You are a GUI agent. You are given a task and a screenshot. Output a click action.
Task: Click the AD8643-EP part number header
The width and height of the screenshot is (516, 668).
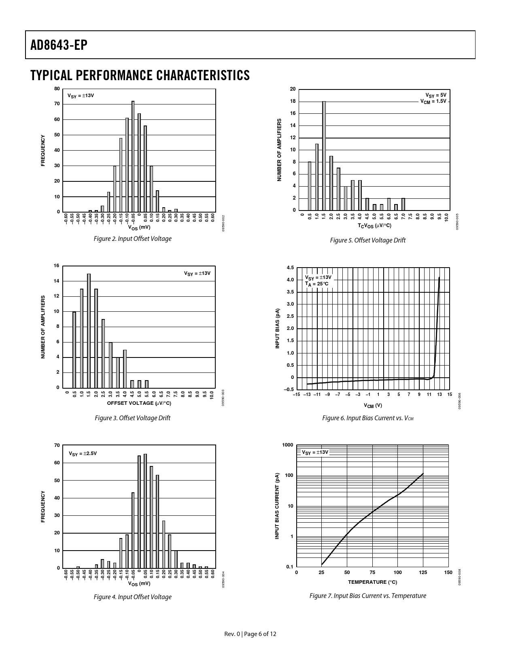(59, 45)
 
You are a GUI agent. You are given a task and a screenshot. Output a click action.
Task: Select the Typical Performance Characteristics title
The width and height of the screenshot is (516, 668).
(140, 75)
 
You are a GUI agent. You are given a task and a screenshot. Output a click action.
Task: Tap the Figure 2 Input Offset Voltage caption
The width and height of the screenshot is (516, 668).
(133, 239)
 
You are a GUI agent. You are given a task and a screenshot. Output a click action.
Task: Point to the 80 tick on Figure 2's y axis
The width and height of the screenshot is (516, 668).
(57, 89)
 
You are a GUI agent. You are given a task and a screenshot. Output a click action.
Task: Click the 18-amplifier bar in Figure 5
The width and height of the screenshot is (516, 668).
(324, 156)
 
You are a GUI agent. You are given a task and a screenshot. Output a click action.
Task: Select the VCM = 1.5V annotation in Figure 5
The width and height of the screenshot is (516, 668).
(433, 101)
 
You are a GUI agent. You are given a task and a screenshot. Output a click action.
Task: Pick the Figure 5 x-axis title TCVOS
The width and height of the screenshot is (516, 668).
(375, 226)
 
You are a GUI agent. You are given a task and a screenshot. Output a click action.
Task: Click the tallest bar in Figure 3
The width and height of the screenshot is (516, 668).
(89, 331)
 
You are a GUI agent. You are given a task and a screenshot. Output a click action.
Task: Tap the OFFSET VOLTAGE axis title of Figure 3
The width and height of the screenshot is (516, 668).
(139, 403)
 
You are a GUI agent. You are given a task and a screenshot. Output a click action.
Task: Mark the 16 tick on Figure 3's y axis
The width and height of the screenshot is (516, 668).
(57, 266)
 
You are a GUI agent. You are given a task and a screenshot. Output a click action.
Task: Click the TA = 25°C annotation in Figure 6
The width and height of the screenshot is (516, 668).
(317, 284)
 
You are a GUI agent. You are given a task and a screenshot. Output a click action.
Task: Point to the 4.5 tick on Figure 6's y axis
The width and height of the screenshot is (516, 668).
(290, 268)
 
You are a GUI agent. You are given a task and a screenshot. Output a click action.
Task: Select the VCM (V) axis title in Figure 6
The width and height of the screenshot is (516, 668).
(373, 405)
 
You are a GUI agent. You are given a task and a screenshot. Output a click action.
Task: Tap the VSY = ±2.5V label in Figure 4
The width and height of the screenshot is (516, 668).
(83, 453)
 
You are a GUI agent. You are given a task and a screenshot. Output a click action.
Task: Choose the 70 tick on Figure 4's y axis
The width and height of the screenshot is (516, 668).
(57, 445)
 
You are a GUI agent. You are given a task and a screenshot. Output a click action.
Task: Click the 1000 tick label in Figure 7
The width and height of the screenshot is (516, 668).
(288, 445)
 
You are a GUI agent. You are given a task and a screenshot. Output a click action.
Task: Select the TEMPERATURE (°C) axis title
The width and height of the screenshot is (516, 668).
(372, 582)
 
